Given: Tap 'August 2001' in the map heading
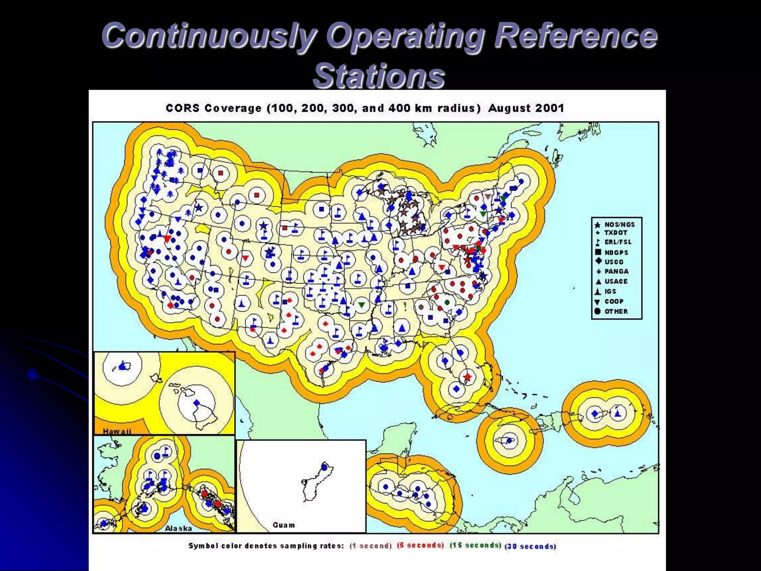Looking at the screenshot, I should (526, 108).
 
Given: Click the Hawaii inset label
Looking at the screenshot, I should (117, 431).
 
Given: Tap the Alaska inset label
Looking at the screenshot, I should (178, 528).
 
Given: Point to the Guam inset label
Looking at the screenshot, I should (284, 525).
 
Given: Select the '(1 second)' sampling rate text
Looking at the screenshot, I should (371, 546).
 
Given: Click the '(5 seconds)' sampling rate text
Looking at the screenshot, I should (420, 545).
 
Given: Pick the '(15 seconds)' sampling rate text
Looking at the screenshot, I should (475, 545).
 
